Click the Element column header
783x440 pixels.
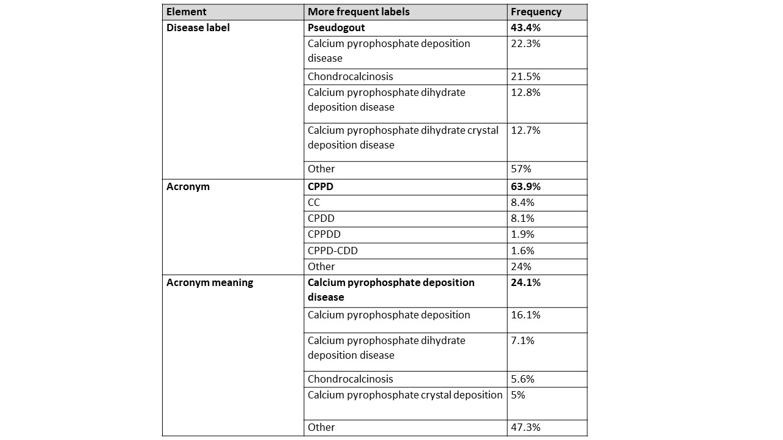[x=186, y=12]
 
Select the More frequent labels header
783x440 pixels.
[x=358, y=12]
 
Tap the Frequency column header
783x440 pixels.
[x=536, y=12]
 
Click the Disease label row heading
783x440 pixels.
[x=198, y=28]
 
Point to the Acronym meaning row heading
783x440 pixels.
[x=209, y=282]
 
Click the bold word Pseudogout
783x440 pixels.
[x=336, y=28]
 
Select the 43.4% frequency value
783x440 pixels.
[x=525, y=28]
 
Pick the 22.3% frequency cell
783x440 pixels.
[x=525, y=43]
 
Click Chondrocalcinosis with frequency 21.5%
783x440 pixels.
[x=350, y=76]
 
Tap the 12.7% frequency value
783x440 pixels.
[x=525, y=130]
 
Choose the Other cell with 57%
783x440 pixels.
[x=321, y=169]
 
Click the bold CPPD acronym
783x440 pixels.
[x=321, y=186]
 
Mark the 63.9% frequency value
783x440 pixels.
[x=525, y=186]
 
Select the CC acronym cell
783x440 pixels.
[x=314, y=202]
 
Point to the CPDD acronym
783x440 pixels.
[x=321, y=218]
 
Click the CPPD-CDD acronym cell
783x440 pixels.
[x=333, y=251]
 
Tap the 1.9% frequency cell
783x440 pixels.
[x=522, y=234]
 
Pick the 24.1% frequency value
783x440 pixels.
[x=525, y=282]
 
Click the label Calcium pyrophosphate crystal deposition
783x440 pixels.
[x=405, y=395]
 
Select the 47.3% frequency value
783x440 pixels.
[x=525, y=427]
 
